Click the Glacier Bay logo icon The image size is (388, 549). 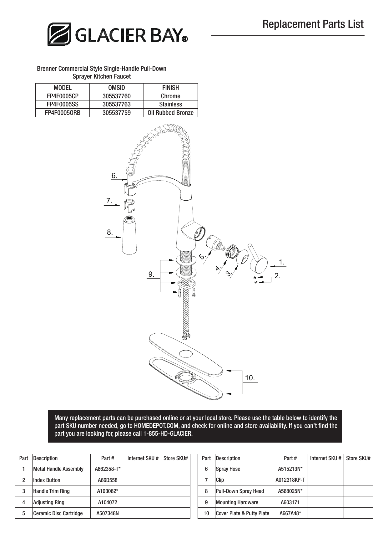[59, 34]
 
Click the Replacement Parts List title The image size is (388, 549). [313, 24]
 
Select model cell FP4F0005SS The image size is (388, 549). [63, 104]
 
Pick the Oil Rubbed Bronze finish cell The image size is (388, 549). [170, 113]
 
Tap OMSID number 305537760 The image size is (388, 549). [116, 96]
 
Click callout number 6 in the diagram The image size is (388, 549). [114, 176]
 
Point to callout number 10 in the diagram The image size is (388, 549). [249, 378]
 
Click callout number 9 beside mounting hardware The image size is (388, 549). [151, 274]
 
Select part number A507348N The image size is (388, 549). [108, 513]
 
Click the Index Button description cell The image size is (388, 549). [47, 480]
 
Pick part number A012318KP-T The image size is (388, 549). [290, 480]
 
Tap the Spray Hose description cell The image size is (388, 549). [228, 469]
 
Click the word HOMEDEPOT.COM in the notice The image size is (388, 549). [156, 426]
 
